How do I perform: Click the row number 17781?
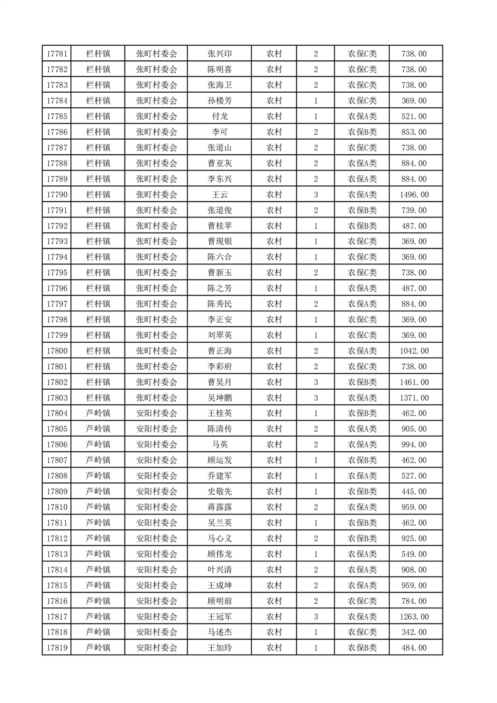coord(57,54)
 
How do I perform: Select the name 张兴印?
coord(219,54)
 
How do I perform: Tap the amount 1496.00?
coord(414,195)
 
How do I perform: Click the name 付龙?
coord(219,117)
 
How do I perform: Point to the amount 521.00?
coord(414,117)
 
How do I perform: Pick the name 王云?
coord(219,195)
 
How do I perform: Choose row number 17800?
coord(57,351)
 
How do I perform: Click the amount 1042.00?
coord(414,351)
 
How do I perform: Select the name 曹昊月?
coord(219,382)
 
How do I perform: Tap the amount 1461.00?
coord(414,382)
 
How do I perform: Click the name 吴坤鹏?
coord(219,398)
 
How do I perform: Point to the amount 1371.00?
coord(414,398)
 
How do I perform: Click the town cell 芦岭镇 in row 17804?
coord(98,414)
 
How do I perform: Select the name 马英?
coord(219,445)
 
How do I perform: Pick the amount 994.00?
coord(414,445)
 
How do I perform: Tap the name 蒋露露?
coord(219,507)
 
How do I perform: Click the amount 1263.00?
coord(414,617)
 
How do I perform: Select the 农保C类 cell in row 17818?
coord(362,632)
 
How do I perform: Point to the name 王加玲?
coord(219,648)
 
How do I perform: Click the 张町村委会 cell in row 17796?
coord(157,288)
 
